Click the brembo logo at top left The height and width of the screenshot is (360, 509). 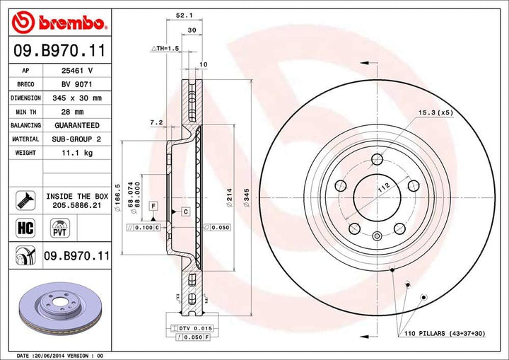click(59, 23)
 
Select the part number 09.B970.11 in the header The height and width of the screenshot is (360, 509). click(59, 52)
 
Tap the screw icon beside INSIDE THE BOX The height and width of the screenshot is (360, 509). click(25, 199)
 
